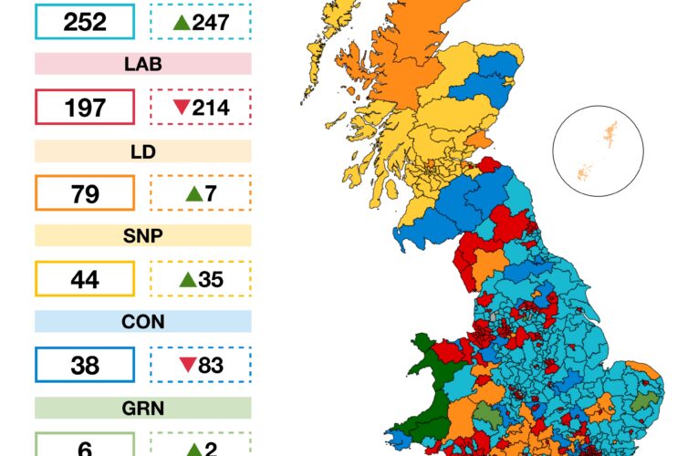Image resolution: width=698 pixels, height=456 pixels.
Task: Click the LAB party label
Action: pyautogui.click(x=142, y=65)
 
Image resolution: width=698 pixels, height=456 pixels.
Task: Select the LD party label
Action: pyautogui.click(x=142, y=150)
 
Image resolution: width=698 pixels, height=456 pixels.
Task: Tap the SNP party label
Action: pyautogui.click(x=142, y=235)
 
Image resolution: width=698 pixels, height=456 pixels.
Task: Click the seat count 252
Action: pyautogui.click(x=85, y=22)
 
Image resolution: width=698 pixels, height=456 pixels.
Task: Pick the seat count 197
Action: pyautogui.click(x=85, y=108)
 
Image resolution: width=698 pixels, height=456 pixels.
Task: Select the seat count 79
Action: pyautogui.click(x=85, y=193)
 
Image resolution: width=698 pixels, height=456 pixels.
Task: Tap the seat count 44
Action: pyautogui.click(x=85, y=279)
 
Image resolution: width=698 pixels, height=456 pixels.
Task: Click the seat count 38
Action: pyautogui.click(x=85, y=365)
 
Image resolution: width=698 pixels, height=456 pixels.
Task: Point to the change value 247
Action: pyautogui.click(x=211, y=22)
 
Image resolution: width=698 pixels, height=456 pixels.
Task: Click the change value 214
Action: pyautogui.click(x=211, y=108)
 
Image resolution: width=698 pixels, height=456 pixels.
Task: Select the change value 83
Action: pyautogui.click(x=211, y=365)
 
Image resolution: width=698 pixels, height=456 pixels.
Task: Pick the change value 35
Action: pyautogui.click(x=211, y=279)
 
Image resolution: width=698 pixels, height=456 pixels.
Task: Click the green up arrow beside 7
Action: pyautogui.click(x=193, y=193)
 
